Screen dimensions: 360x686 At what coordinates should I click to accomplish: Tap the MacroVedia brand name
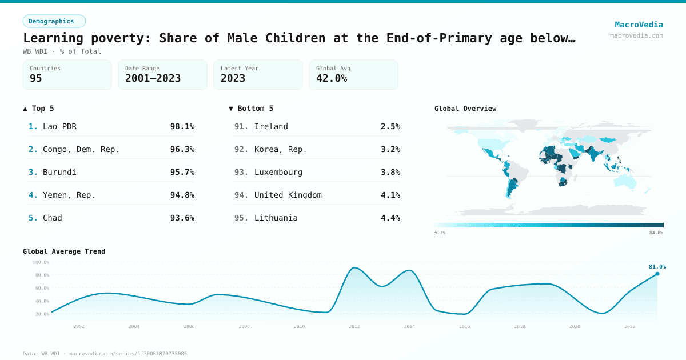(x=639, y=25)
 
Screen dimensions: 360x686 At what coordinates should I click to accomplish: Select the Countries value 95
(x=36, y=78)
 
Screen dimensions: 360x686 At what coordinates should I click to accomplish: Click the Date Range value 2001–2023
(x=153, y=78)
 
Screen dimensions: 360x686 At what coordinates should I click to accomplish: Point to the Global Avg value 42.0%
(x=332, y=78)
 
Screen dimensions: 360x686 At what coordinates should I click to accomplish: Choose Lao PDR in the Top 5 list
(x=59, y=126)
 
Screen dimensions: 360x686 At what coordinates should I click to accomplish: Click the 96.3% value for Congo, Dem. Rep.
(x=182, y=149)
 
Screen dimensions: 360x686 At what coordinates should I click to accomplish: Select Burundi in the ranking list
(x=59, y=172)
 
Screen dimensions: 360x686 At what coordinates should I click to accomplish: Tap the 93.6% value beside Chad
(x=182, y=218)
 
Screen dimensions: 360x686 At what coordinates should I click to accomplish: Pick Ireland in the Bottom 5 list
(x=271, y=126)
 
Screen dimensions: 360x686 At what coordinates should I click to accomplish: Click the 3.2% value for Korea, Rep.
(x=390, y=149)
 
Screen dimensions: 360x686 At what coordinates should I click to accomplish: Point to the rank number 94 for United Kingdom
(x=241, y=195)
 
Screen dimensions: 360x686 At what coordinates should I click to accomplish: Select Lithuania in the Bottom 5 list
(x=276, y=218)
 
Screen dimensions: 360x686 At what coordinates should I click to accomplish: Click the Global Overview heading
(x=465, y=109)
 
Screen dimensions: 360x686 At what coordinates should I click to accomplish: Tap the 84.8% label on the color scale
(x=656, y=233)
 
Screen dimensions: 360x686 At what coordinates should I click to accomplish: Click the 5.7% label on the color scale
(x=440, y=233)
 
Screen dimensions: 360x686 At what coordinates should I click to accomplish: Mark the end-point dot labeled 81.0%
(x=657, y=274)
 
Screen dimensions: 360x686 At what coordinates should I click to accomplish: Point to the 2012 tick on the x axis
(x=354, y=326)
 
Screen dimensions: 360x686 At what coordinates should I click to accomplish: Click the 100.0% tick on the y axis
(x=41, y=262)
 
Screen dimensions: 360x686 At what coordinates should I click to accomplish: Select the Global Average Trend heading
(x=64, y=251)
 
